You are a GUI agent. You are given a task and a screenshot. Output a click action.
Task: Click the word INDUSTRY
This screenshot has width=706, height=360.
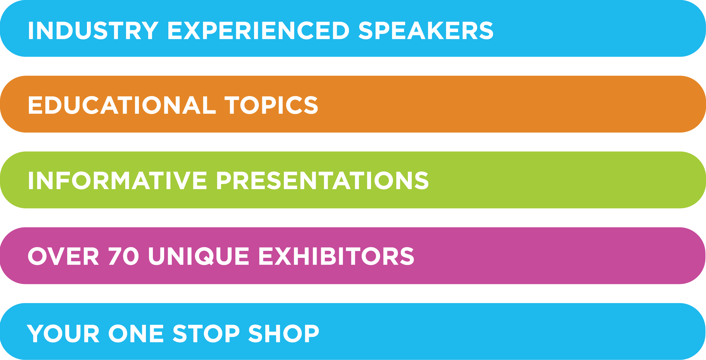[x=93, y=30]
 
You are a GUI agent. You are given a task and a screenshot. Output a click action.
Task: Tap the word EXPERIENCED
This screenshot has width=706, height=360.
[x=259, y=30]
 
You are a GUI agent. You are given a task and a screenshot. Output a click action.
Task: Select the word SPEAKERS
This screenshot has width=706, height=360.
[x=426, y=30]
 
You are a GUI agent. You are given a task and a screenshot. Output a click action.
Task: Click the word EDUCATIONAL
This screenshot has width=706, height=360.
[x=122, y=105]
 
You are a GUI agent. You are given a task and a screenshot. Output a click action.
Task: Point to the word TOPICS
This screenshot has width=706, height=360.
[x=271, y=105]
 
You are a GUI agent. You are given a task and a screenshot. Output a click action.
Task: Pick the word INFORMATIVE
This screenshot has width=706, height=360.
[x=118, y=180]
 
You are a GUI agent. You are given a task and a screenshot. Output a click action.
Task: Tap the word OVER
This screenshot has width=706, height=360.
[x=63, y=256]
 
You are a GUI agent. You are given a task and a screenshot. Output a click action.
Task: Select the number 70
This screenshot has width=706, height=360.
[x=124, y=256]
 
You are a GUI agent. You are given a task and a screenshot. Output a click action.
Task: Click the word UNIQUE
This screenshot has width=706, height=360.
[x=199, y=256]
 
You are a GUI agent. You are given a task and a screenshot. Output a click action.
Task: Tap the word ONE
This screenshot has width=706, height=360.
[x=136, y=333]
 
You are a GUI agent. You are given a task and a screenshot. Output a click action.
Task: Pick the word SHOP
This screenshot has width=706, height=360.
[x=284, y=333]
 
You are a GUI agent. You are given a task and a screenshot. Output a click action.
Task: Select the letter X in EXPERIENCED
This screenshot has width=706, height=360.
[x=191, y=30]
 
